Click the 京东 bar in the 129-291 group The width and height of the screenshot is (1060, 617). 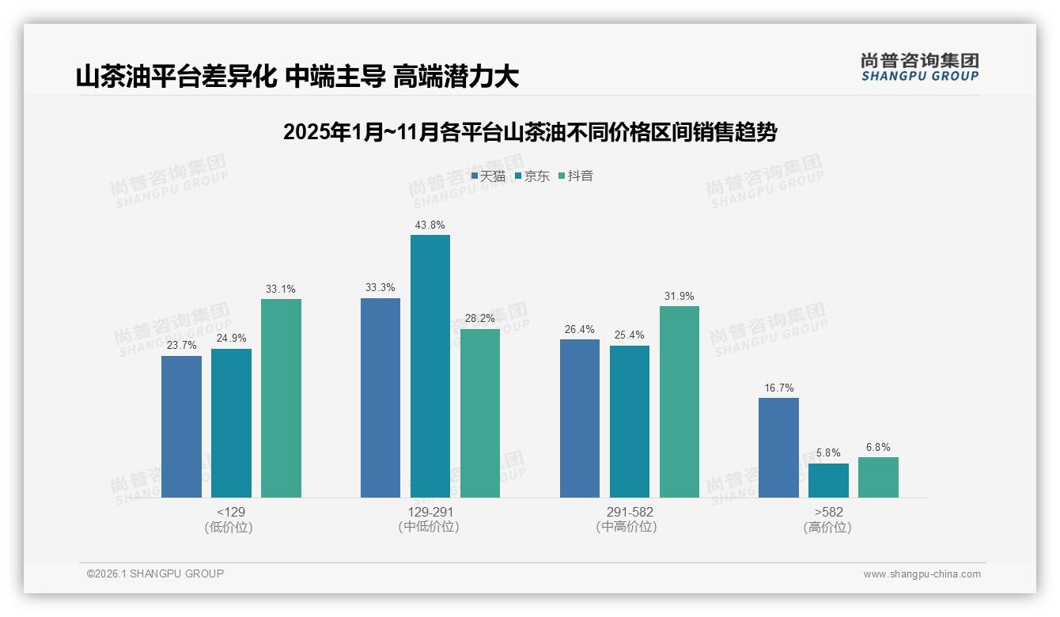point(430,366)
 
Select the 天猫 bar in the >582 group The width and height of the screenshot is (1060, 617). point(778,448)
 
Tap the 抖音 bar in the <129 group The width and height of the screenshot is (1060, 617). point(281,398)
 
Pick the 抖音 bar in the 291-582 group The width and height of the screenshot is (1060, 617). point(680,402)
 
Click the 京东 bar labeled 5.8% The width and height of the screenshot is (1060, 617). point(828,480)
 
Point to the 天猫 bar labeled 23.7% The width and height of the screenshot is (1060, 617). point(181,426)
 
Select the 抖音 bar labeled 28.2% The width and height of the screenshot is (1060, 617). point(480,413)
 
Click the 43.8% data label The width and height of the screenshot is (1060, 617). point(430,225)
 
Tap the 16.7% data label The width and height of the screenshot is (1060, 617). point(778,388)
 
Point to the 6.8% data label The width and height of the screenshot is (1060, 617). point(878,448)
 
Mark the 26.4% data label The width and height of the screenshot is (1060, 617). point(580,330)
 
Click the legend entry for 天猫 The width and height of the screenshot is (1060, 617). point(488,176)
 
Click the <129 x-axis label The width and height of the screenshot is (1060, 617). point(230,512)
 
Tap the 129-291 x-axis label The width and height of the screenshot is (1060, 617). point(430,512)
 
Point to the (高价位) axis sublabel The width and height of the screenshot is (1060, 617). point(827,527)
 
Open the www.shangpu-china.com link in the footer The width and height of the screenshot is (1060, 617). point(922,574)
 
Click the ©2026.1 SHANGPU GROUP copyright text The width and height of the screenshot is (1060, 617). point(155,573)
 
